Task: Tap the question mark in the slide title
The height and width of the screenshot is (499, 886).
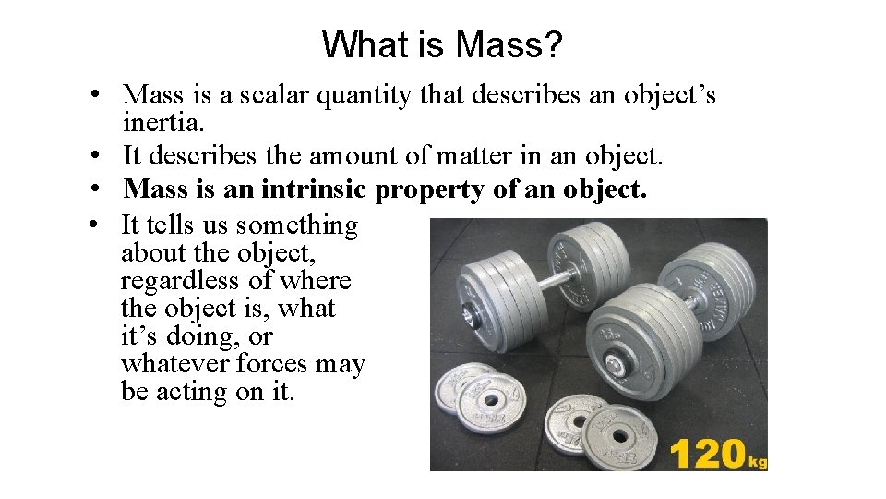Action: click(552, 44)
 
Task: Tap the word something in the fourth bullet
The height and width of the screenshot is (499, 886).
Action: click(297, 225)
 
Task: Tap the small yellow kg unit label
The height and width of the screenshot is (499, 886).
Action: click(758, 460)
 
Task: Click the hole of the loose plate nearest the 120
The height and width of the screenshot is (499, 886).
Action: click(619, 433)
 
